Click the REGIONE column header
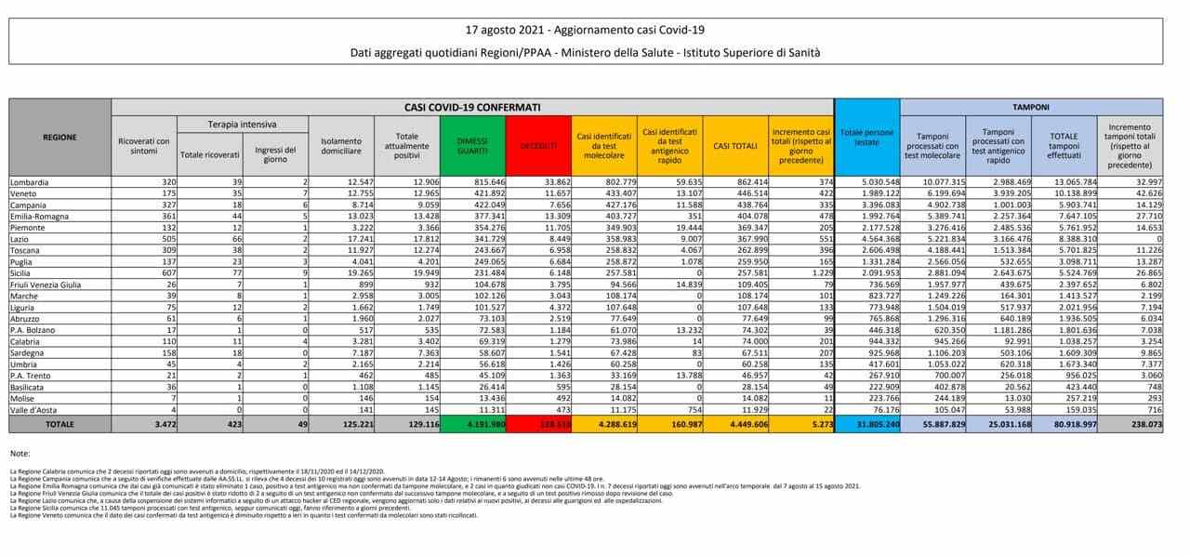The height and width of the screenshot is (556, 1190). [x=59, y=138]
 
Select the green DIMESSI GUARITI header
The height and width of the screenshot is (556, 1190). [x=471, y=146]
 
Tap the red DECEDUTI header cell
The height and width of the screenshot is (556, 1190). [x=538, y=146]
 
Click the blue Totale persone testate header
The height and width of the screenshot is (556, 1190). [x=866, y=137]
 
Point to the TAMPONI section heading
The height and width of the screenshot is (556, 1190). [x=1031, y=108]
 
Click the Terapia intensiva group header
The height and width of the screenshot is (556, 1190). [x=241, y=125]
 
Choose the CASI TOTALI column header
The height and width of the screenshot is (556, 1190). [x=734, y=146]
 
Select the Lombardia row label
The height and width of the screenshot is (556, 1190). [x=30, y=182]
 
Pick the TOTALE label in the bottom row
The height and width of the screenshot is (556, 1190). [x=59, y=422]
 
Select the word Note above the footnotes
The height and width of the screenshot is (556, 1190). [x=20, y=452]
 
